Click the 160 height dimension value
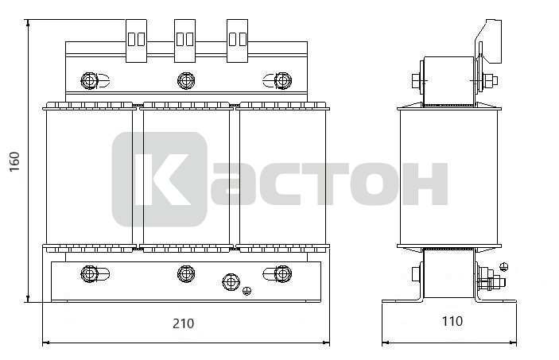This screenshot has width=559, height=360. (x=14, y=161)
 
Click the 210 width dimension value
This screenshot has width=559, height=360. (x=184, y=323)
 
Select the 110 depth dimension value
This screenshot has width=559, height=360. (x=452, y=321)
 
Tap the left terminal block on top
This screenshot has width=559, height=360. (x=136, y=41)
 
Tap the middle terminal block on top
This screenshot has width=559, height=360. (x=184, y=41)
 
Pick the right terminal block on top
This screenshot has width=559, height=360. (x=238, y=41)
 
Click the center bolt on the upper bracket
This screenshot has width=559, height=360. (x=186, y=80)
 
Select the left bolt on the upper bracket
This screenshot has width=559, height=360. (x=90, y=80)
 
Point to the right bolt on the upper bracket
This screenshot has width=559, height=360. (x=283, y=80)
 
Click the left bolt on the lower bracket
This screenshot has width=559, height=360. (x=90, y=273)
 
